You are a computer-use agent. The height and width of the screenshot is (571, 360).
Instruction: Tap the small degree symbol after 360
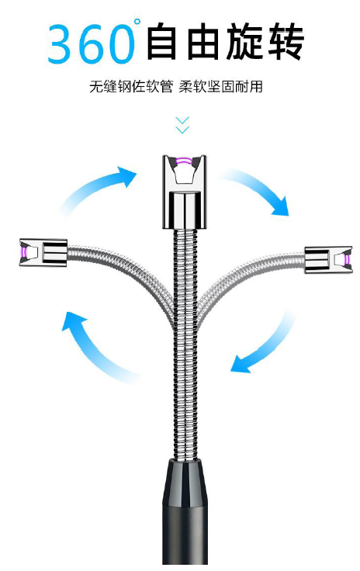(137, 22)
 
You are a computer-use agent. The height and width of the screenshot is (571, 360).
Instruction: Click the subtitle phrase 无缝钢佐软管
(130, 87)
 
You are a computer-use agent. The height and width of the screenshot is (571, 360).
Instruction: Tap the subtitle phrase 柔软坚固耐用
(220, 87)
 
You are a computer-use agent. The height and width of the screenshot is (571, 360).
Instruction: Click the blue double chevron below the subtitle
(182, 125)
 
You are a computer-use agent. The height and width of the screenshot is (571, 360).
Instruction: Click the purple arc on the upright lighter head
(185, 161)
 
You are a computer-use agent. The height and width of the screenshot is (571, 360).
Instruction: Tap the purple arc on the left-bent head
(24, 251)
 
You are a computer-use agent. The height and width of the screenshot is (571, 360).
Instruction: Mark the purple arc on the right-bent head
(347, 260)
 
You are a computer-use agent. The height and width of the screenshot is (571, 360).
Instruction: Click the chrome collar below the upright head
(185, 210)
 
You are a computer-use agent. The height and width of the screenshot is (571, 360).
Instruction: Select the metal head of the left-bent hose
(43, 252)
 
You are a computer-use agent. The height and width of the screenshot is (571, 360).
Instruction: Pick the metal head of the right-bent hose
(328, 260)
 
